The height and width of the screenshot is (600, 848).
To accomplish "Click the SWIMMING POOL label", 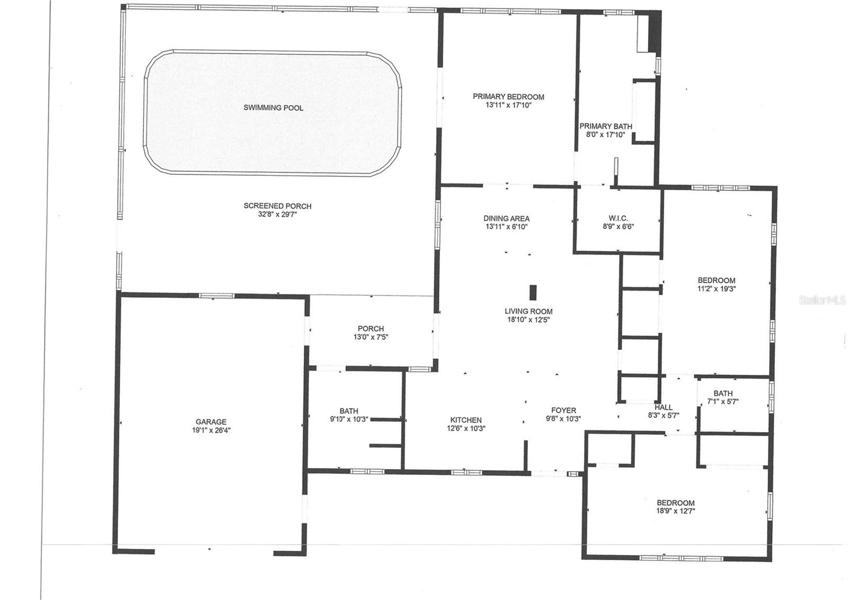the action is [273, 108].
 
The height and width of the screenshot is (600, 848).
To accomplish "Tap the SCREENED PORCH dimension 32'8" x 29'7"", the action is [278, 214].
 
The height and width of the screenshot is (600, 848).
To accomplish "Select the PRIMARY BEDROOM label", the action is [508, 97].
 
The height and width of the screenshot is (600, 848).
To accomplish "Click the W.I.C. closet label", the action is [618, 218].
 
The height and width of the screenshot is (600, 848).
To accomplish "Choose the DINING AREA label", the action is [507, 218].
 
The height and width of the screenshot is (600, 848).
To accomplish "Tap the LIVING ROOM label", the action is [528, 311].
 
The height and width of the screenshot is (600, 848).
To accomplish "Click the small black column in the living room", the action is [533, 292].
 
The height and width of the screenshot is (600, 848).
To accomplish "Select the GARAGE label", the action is [211, 422].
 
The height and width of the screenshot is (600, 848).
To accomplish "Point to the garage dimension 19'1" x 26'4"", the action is [211, 430].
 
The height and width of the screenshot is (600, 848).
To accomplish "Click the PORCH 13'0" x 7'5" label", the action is [371, 333].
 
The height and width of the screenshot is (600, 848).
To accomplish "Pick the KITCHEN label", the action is [466, 420].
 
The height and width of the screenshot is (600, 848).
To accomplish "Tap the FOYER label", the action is [564, 410].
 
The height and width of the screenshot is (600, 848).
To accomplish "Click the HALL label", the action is [664, 407].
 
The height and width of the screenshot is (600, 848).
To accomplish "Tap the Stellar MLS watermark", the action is [822, 300].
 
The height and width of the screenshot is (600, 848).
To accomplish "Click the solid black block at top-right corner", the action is [655, 32].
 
